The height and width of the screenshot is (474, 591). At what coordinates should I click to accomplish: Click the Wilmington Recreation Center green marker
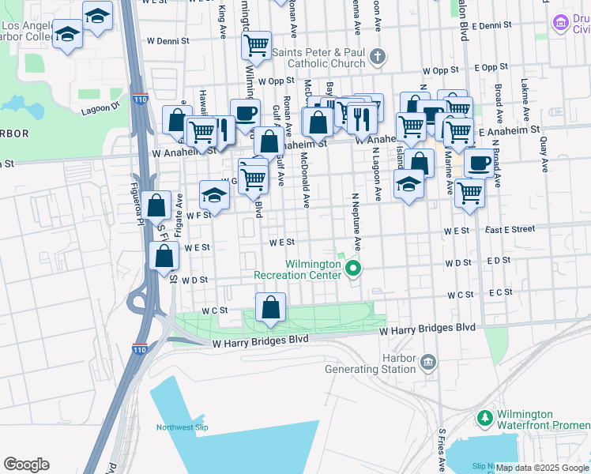coord(354,269)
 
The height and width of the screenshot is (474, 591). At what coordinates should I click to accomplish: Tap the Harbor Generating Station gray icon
coord(427,363)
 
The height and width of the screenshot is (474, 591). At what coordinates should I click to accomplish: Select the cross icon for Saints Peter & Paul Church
coord(378,55)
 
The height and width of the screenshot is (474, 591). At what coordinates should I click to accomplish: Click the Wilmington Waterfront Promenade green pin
coord(482,416)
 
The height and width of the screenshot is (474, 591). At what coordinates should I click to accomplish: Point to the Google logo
coord(26,465)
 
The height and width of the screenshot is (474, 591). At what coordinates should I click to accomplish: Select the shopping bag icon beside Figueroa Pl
coord(157,205)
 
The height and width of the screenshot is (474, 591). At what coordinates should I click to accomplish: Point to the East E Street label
coord(510,229)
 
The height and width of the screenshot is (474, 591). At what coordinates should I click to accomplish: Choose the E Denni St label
coord(491,25)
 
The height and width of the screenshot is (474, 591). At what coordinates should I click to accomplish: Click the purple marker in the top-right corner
coord(561,22)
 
